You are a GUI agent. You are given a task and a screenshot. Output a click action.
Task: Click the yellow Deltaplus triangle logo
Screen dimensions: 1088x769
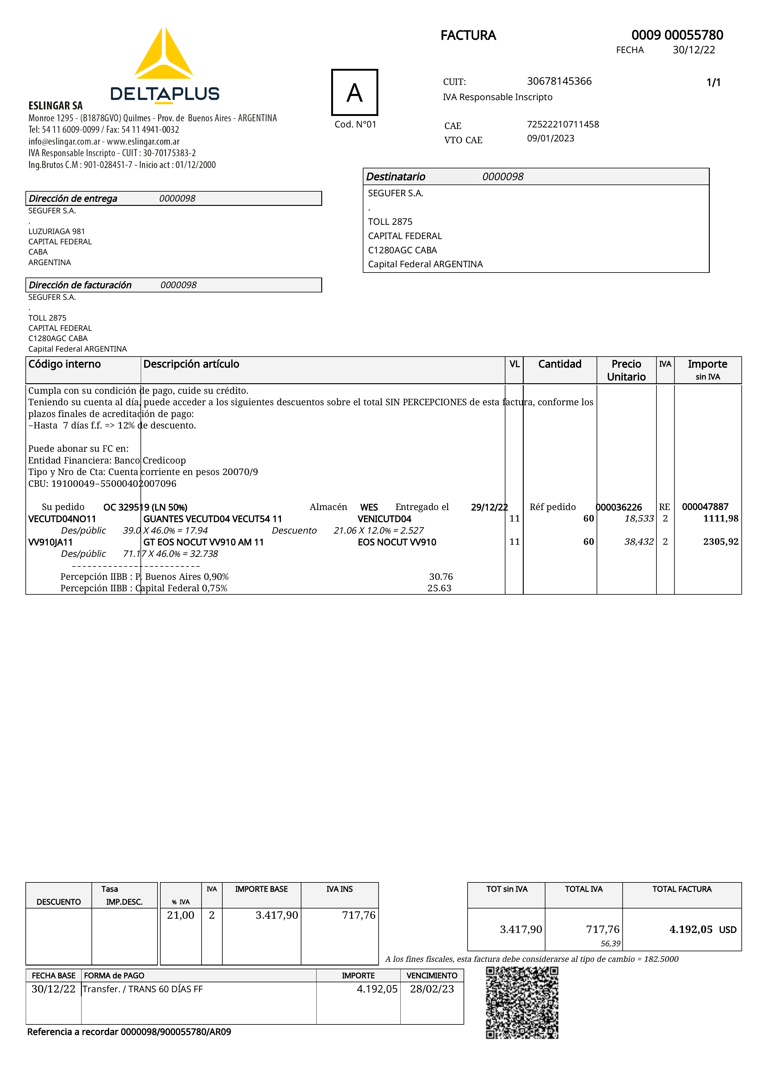tap(163, 55)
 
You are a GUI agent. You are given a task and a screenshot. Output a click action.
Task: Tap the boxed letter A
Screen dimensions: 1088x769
tap(354, 92)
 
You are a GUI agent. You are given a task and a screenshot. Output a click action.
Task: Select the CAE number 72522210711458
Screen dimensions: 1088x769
tap(562, 124)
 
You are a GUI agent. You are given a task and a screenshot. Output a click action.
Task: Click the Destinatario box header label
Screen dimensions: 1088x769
tap(396, 177)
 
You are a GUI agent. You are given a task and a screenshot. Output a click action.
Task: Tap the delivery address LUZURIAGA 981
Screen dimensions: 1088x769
tap(56, 231)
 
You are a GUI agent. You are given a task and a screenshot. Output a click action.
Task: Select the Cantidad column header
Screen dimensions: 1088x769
tap(560, 364)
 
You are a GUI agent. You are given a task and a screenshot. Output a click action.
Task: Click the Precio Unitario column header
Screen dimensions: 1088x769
tap(626, 370)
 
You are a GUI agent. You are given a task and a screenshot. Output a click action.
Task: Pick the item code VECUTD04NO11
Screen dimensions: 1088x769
tap(62, 519)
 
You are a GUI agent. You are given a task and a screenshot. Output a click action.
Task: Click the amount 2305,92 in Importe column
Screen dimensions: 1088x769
tap(720, 542)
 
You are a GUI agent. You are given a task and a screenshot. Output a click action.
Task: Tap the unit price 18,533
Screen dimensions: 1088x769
tap(639, 518)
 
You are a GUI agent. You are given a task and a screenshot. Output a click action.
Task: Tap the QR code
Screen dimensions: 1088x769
tap(522, 1003)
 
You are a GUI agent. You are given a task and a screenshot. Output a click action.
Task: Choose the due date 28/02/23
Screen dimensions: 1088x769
tap(432, 989)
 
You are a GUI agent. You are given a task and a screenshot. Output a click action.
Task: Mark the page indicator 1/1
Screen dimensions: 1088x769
tap(713, 82)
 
